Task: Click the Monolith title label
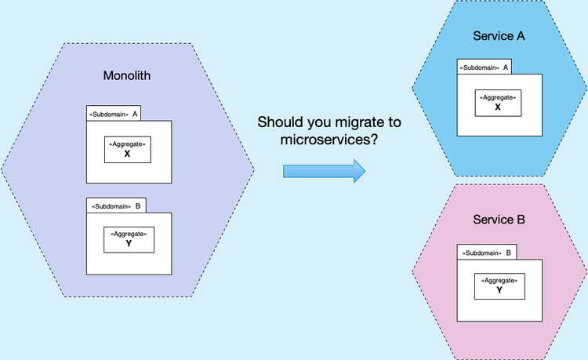pos(127,76)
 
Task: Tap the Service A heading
pos(499,36)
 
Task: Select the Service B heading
pos(499,220)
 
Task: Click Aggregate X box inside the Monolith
pos(127,149)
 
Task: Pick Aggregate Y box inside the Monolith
pos(129,239)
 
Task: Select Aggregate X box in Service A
pos(498,102)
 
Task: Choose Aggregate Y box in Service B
pos(499,285)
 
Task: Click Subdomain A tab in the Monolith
pos(114,115)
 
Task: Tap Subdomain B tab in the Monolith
pos(116,206)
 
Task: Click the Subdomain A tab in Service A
pos(485,67)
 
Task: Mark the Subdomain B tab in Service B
pos(487,253)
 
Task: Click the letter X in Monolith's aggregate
pos(127,155)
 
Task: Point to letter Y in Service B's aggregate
pos(499,290)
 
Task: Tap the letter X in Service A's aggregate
pos(498,107)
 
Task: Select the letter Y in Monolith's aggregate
pos(129,244)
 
